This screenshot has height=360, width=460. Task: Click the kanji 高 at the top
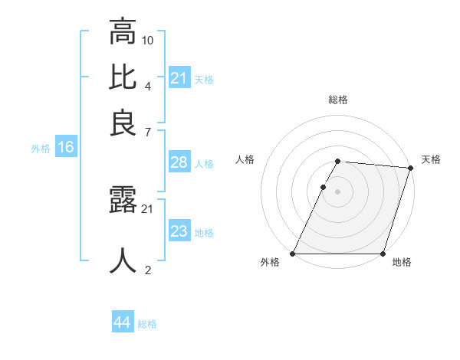(x=123, y=32)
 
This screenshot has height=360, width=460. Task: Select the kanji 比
(x=123, y=77)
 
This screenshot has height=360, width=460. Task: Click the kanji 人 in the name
(x=123, y=260)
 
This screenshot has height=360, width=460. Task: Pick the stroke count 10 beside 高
(x=148, y=40)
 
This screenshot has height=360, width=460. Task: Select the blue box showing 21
(x=179, y=77)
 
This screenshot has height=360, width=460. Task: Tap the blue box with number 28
(x=179, y=162)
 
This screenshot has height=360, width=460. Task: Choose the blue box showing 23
(x=179, y=231)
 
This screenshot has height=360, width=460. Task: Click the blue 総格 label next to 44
(x=147, y=324)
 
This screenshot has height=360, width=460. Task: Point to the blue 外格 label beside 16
(x=41, y=149)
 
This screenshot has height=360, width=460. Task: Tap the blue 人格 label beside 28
(x=205, y=163)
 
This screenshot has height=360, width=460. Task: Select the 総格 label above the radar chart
(x=338, y=100)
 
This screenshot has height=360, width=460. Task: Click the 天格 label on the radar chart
(x=431, y=159)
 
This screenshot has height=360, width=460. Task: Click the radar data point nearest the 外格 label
(x=293, y=254)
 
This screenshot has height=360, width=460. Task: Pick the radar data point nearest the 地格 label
(x=383, y=254)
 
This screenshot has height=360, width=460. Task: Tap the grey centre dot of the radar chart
(x=338, y=191)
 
